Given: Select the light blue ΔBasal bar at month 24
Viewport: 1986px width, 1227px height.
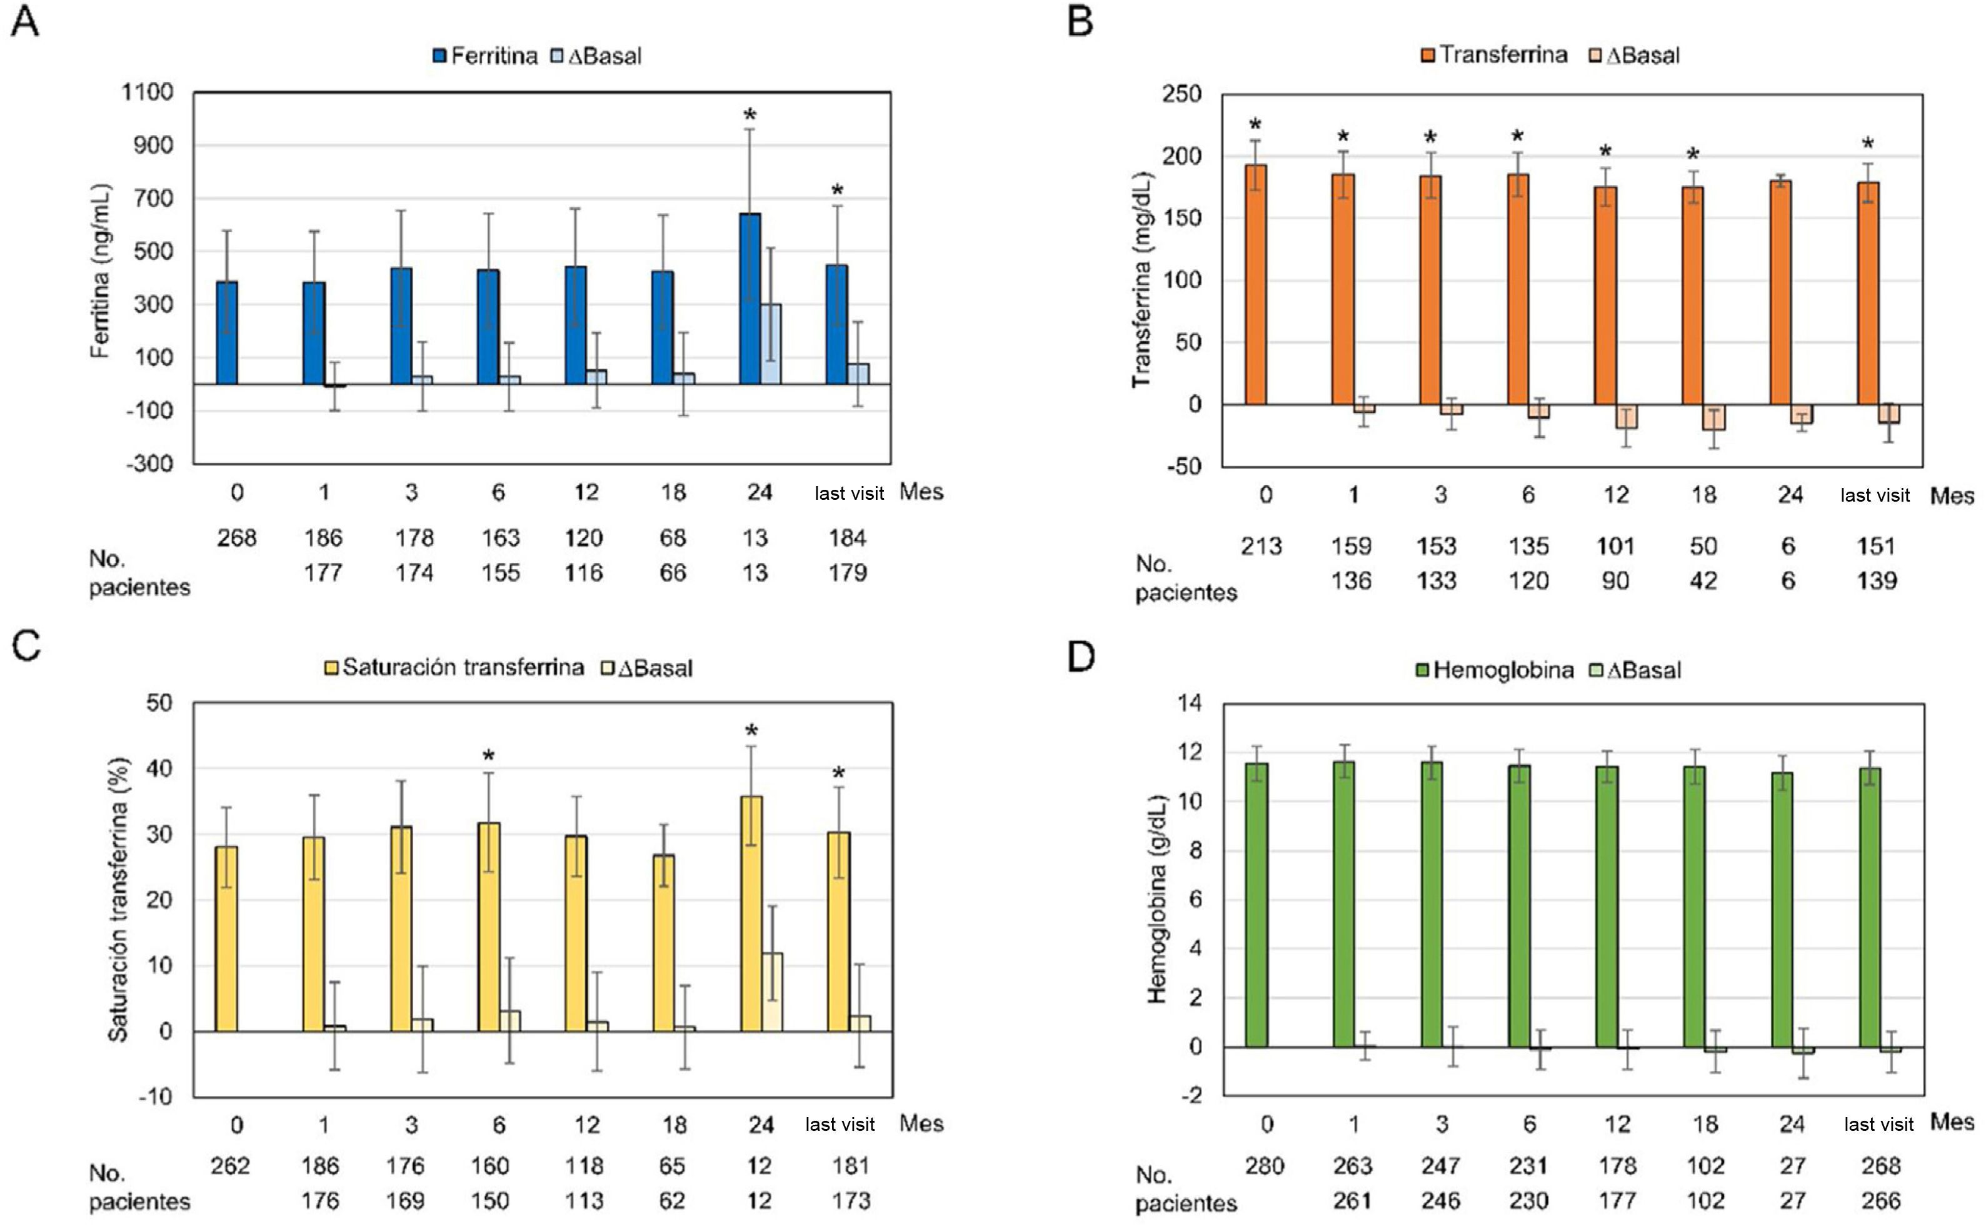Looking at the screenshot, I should [x=771, y=344].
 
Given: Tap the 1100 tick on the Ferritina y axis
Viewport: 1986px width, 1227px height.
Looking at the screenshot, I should [x=147, y=92].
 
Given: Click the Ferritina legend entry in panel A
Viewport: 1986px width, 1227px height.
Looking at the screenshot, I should [x=486, y=56].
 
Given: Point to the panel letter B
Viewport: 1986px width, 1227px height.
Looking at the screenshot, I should [x=1080, y=22].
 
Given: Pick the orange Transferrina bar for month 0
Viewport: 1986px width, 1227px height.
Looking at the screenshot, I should [x=1255, y=284].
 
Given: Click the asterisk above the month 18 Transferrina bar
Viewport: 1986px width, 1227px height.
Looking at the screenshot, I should [x=1693, y=154].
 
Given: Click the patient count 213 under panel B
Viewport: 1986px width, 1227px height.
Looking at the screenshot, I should [x=1261, y=546].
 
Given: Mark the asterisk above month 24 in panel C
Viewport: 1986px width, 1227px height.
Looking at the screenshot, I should [x=751, y=731].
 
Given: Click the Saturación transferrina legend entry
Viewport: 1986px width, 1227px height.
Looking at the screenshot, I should [x=454, y=668].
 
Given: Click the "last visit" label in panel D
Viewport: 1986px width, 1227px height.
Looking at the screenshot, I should [x=1879, y=1125].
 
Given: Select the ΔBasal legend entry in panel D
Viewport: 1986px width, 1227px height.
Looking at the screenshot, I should [x=1635, y=670].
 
